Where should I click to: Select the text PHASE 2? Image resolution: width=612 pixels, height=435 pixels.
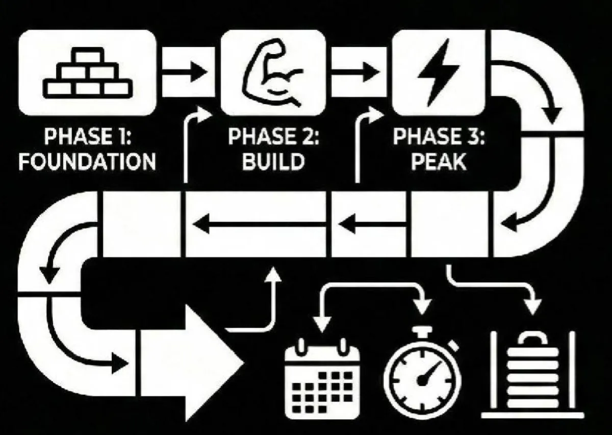click(273, 138)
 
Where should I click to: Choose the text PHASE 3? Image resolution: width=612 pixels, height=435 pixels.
click(438, 138)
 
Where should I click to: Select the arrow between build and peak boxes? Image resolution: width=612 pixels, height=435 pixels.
click(359, 71)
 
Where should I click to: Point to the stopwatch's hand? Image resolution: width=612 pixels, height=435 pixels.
click(428, 373)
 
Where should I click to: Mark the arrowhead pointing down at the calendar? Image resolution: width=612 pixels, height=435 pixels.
click(321, 325)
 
